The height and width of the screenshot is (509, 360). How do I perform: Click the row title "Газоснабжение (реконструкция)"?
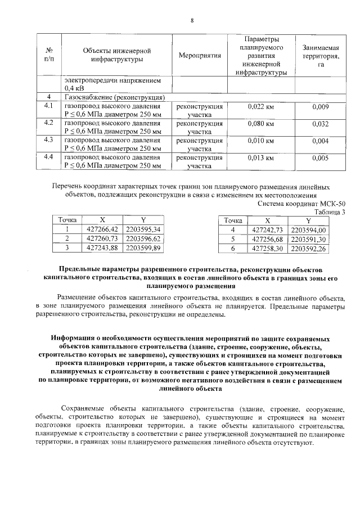point(114,97)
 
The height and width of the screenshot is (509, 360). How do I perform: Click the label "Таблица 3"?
point(330,211)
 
